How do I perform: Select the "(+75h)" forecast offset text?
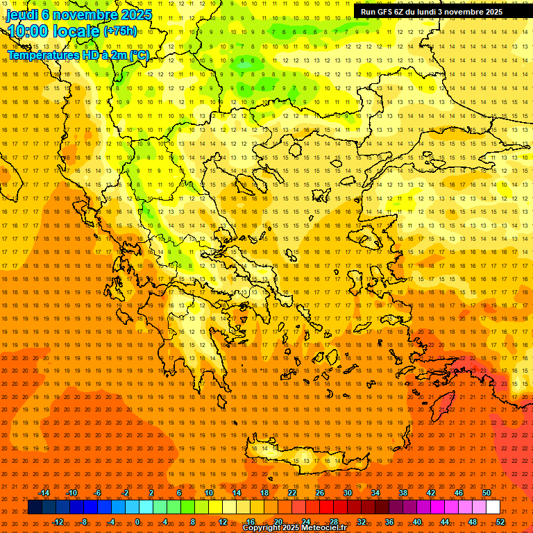(120, 31)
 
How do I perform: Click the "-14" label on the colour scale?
(44, 493)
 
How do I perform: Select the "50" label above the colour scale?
(487, 493)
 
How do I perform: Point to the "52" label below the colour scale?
(500, 522)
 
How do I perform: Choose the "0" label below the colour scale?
(137, 522)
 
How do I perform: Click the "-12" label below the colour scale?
(58, 522)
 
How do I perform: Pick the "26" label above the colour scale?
(320, 493)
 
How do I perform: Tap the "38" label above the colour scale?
(403, 493)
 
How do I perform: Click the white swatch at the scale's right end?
(493, 507)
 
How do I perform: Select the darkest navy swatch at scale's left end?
(35, 507)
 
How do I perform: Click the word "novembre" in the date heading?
(78, 14)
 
